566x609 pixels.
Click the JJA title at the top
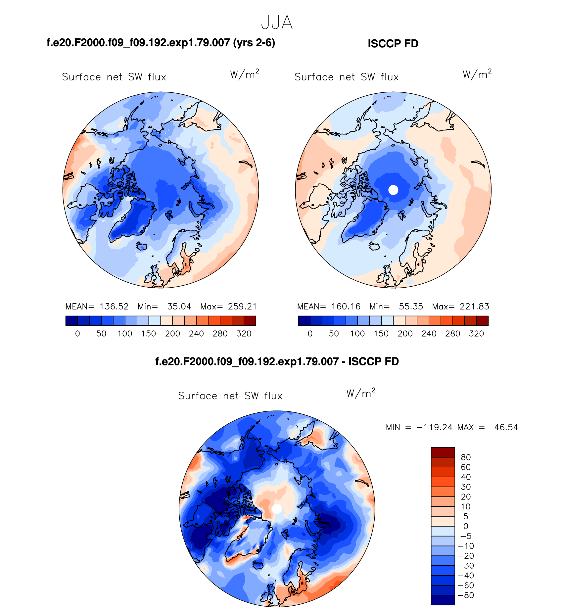(x=277, y=23)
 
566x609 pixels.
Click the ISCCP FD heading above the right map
(x=393, y=44)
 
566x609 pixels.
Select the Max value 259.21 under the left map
(x=242, y=306)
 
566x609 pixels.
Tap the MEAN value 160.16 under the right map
(x=346, y=306)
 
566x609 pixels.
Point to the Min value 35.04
(x=179, y=306)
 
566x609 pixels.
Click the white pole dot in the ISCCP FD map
(x=393, y=190)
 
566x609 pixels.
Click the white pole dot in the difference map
(x=277, y=509)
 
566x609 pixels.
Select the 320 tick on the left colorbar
(x=244, y=334)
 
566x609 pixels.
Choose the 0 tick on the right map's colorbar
(x=310, y=334)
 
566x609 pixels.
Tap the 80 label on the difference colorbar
(x=466, y=457)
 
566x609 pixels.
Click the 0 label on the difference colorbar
(x=466, y=526)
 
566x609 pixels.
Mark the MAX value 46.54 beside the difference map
(x=506, y=427)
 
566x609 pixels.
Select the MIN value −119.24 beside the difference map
(x=435, y=427)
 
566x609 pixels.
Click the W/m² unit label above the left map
(x=244, y=74)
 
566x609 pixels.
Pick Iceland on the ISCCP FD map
(x=374, y=246)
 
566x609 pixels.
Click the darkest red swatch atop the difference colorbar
(x=443, y=452)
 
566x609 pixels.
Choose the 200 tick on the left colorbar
(x=172, y=334)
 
